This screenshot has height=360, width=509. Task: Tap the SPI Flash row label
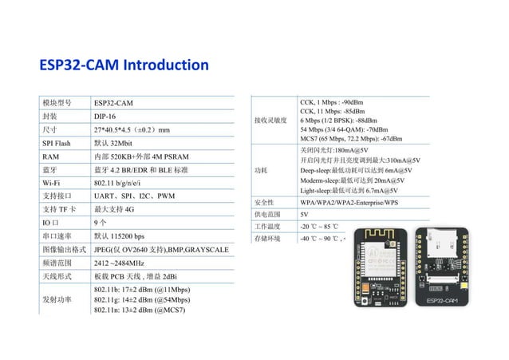(x=57, y=143)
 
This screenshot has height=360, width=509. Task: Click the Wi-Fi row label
(x=52, y=184)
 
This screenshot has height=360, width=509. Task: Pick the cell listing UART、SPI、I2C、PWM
(x=134, y=196)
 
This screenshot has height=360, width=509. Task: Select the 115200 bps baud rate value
(x=119, y=236)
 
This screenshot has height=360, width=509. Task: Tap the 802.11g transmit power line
(x=141, y=299)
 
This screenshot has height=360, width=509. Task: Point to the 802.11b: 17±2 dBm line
(x=141, y=289)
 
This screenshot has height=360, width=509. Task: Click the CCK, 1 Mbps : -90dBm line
(x=331, y=103)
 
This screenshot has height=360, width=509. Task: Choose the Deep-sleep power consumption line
(x=356, y=170)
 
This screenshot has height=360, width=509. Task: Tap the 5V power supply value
(x=304, y=215)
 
